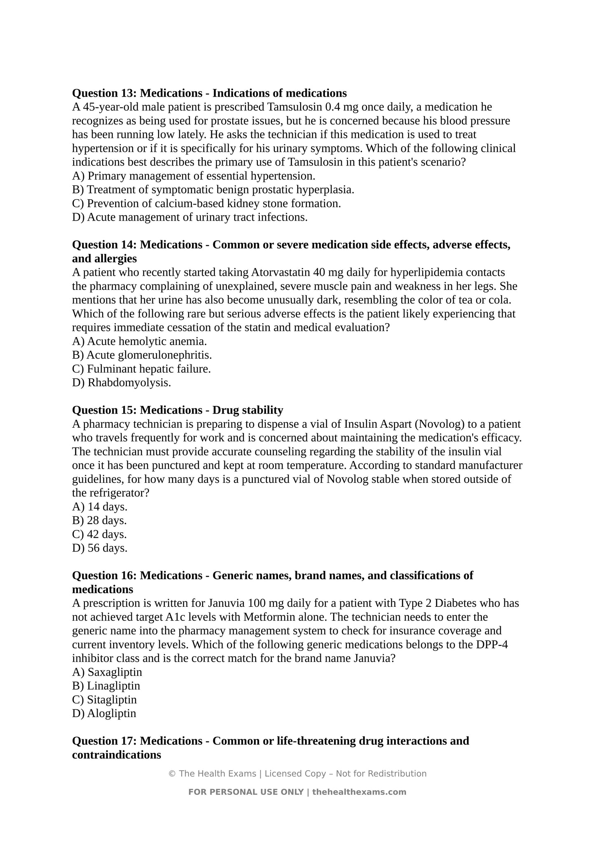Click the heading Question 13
209,93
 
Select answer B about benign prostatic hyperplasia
213,190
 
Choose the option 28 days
99,521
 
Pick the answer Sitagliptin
104,700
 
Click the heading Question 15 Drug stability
177,410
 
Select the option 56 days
100,548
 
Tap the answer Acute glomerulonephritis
142,355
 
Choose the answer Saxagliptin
107,672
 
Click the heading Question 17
270,741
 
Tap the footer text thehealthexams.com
359,792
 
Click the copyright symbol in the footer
172,774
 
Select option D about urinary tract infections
190,217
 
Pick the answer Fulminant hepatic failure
141,369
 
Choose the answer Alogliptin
104,713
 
